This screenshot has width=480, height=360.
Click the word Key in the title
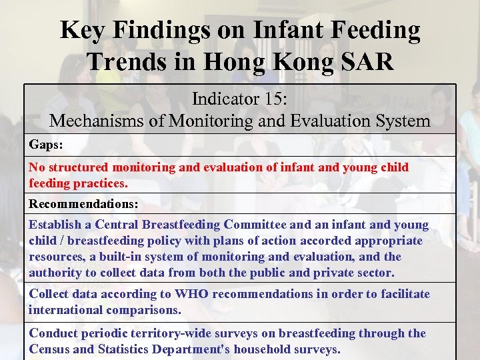[83, 30]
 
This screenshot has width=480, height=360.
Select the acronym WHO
[192, 294]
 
